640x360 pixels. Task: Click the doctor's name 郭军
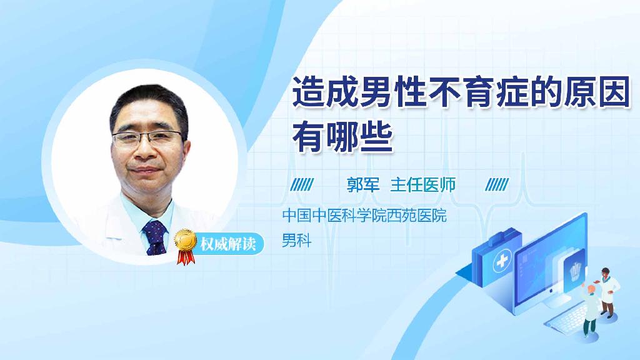(363, 184)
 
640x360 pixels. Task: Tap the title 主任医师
(423, 184)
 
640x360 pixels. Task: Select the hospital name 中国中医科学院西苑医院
(364, 217)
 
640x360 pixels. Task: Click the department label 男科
(296, 241)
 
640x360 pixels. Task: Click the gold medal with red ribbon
(186, 243)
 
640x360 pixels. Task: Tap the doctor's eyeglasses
(149, 138)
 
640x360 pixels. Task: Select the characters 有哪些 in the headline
(343, 137)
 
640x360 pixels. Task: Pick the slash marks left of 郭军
(303, 184)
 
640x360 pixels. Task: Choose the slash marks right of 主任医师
(497, 184)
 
